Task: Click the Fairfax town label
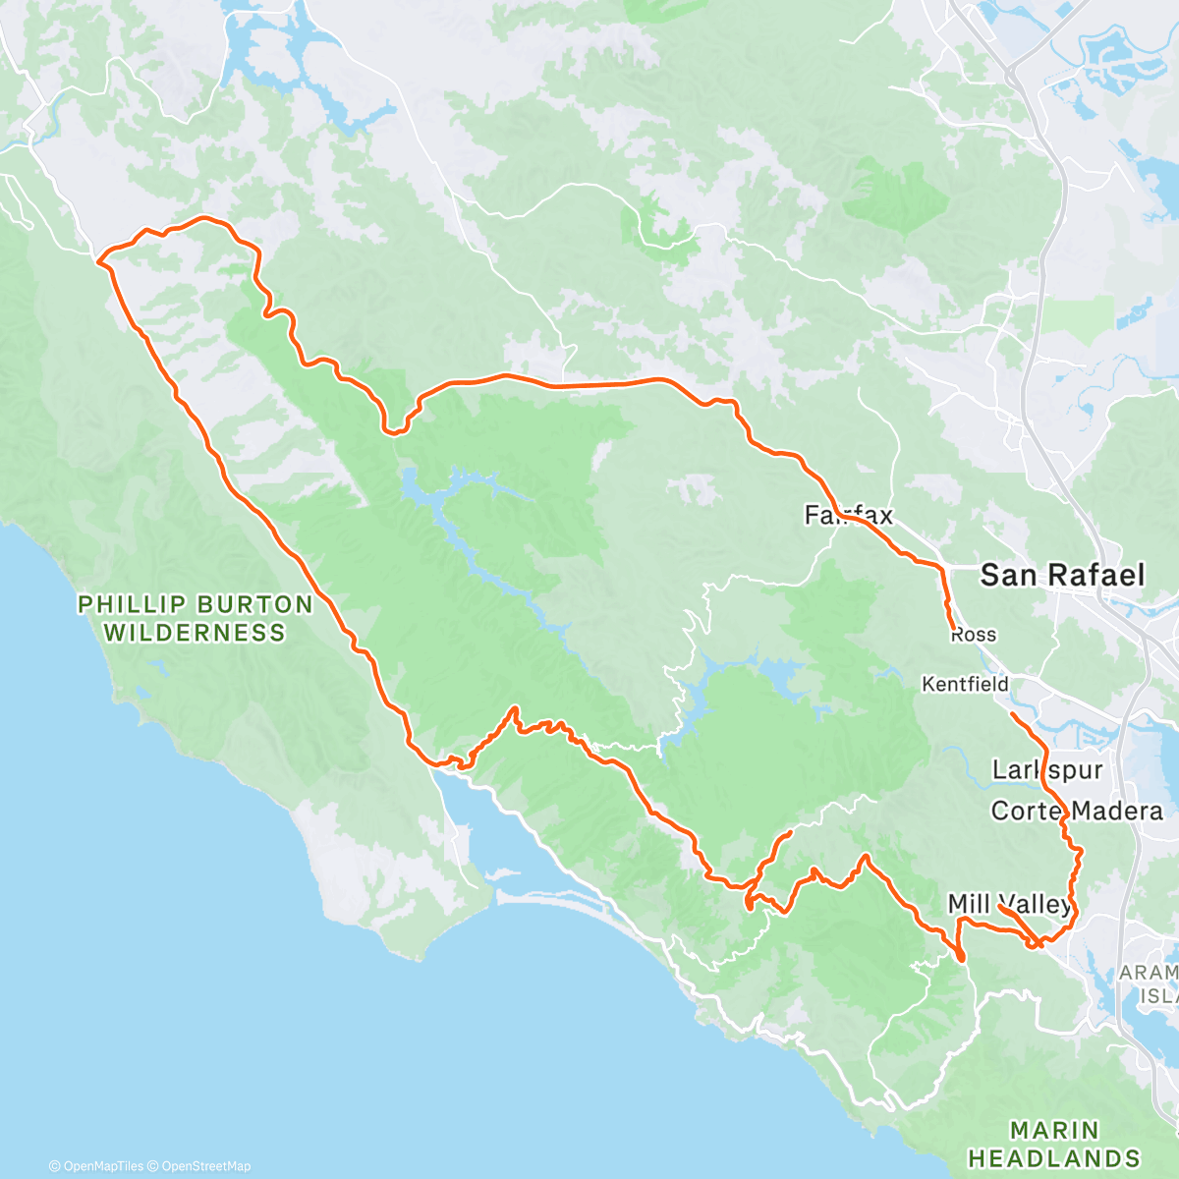point(848,515)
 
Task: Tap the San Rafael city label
point(1062,575)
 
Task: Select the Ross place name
point(973,635)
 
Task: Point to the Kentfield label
point(965,684)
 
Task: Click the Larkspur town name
point(1047,769)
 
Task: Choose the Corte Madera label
point(1077,811)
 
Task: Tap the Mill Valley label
point(1009,904)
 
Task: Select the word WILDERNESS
point(195,633)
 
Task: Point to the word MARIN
point(1054,1131)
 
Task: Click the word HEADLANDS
point(1054,1158)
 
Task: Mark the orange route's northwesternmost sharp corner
point(98,260)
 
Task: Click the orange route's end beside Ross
point(953,626)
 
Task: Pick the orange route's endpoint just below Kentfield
point(1012,714)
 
